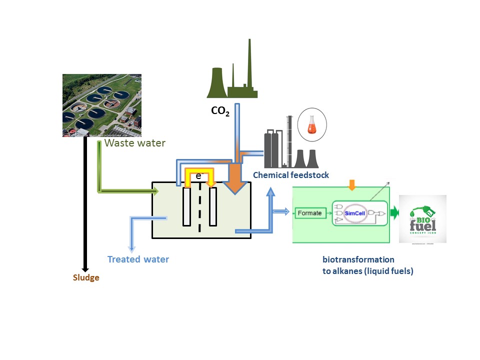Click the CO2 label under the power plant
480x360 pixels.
coord(220,111)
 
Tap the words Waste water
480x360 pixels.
coord(134,143)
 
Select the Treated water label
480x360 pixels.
coord(138,259)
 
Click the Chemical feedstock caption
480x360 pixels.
coord(291,175)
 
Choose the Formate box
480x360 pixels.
coord(309,213)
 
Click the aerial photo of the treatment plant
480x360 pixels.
coord(101,105)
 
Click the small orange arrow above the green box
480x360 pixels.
coord(352,185)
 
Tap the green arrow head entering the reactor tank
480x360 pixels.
coord(155,190)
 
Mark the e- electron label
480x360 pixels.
coord(199,176)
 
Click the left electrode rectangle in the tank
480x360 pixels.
coord(186,206)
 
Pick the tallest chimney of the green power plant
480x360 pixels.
coord(248,65)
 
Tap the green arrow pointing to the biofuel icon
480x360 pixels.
coord(395,213)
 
